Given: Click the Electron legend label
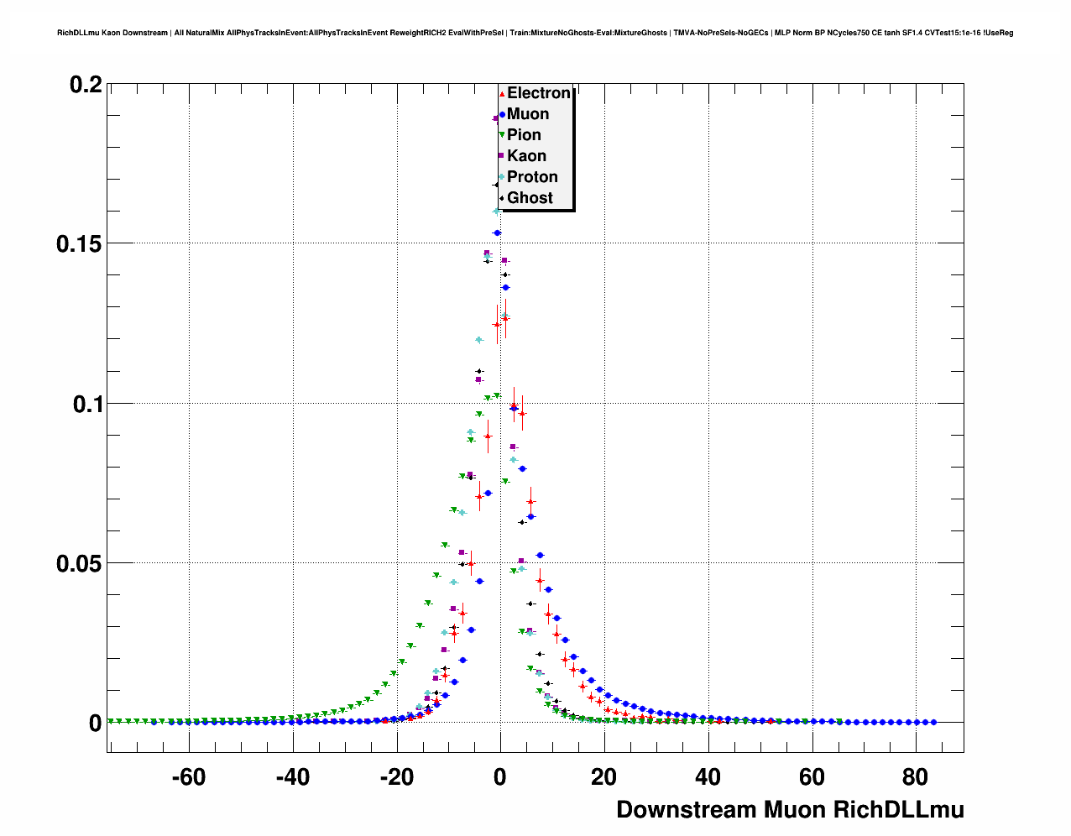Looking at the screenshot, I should pos(538,93).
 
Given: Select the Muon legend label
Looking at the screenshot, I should pos(528,114).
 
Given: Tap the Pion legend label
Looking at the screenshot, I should pos(524,135).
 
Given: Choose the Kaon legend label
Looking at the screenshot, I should pos(526,156).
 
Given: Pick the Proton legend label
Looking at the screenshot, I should pos(532,177).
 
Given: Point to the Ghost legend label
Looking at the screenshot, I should pos(530,198).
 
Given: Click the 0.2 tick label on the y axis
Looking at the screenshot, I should pos(86,85).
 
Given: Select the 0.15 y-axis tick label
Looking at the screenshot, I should pos(79,244).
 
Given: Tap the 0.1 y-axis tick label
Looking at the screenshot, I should pos(86,404).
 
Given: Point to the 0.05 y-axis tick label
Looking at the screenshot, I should pos(79,563).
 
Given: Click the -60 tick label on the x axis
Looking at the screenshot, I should pos(188,777).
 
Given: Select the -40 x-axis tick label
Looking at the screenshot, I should pos(292,777).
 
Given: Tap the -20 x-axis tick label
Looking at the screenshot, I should pos(396,777).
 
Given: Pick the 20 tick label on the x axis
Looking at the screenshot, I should pos(604,777).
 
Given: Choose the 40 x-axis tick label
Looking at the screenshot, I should pos(708,777).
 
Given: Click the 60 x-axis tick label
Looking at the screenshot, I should pos(812,777).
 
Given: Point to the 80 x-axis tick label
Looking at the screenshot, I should pos(916,777).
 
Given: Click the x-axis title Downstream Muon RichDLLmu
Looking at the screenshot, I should pos(790,810).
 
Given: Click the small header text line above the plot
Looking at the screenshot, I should pos(535,33).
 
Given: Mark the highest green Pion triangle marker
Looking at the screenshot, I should pos(497,395).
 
